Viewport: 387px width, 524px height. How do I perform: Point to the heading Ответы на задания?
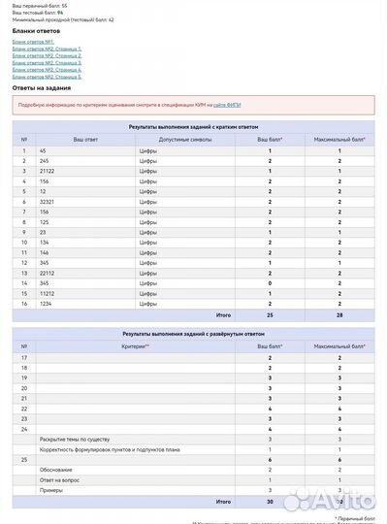point(44,86)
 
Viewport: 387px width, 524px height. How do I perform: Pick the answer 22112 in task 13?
point(48,273)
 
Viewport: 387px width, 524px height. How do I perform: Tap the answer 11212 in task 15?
point(48,293)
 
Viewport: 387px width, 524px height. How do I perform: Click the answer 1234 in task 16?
point(47,303)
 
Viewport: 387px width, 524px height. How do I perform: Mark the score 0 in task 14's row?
point(270,282)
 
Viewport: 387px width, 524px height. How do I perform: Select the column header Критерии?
point(135,345)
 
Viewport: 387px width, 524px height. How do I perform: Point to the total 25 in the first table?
point(270,314)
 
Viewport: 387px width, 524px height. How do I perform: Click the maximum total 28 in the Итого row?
point(339,314)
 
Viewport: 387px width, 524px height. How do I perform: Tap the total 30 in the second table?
point(270,502)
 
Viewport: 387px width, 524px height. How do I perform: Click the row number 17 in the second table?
point(24,358)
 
